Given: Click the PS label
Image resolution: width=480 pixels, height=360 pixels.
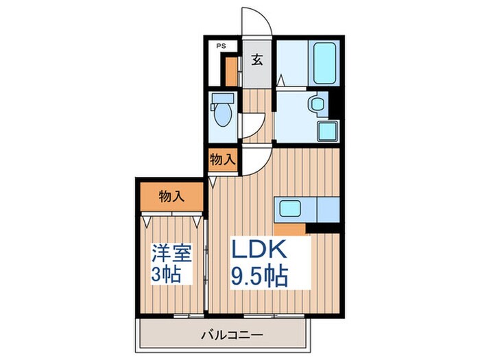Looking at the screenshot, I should (x=221, y=46).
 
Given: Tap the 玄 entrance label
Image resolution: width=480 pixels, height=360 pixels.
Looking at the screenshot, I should (x=256, y=60).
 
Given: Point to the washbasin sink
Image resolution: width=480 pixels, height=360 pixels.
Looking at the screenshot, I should (x=317, y=104).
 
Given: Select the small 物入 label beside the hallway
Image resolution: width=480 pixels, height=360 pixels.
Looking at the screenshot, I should (x=223, y=160).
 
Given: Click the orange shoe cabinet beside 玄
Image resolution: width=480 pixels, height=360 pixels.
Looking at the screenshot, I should (x=232, y=69).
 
